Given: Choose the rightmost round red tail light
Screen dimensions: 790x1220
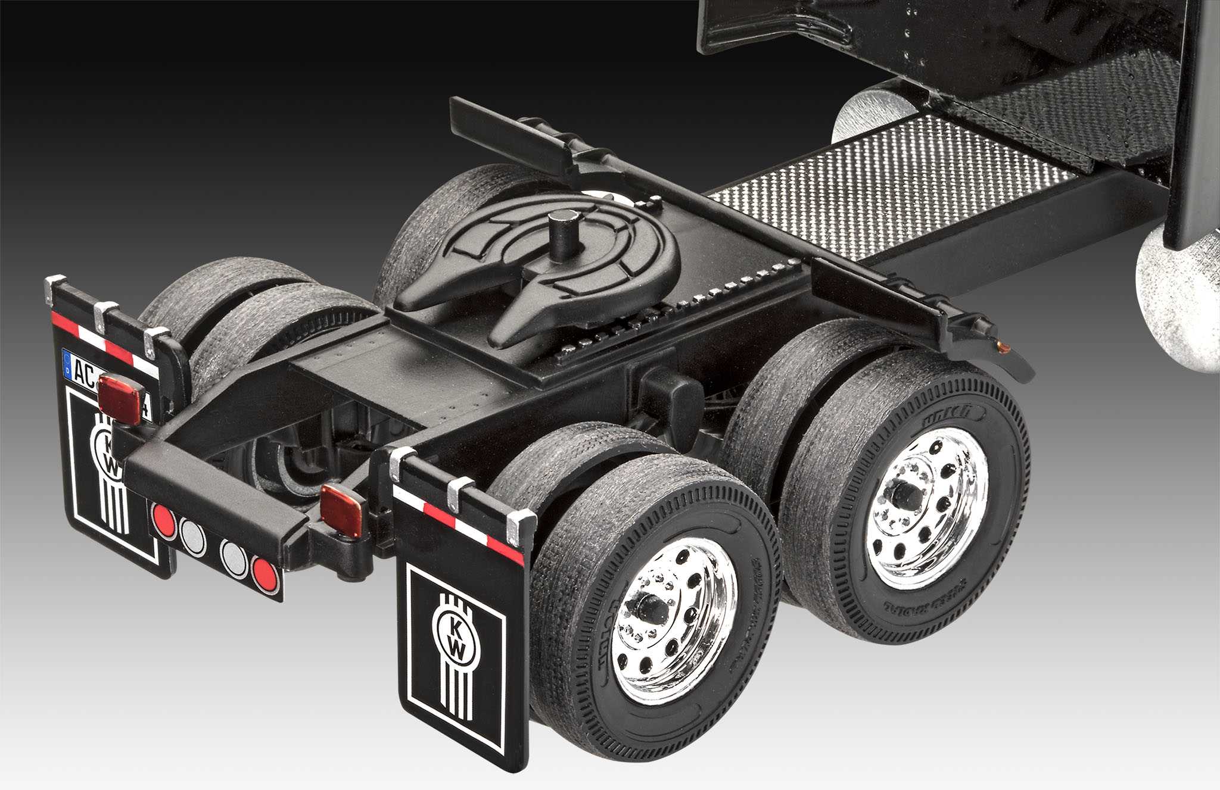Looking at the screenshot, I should coord(264,573).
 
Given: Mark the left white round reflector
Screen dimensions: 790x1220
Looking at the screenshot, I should coord(192,536).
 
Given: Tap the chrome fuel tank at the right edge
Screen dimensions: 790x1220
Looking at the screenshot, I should coord(1182,304).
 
